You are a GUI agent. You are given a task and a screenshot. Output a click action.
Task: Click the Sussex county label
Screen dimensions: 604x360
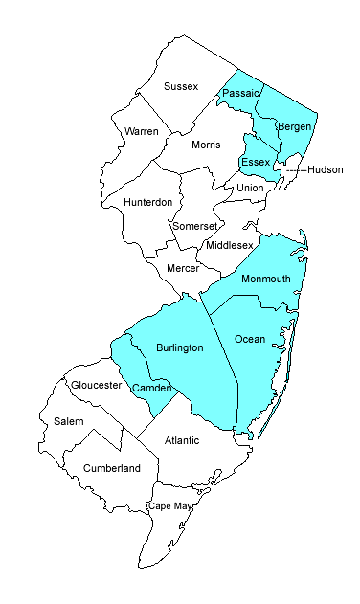click(x=181, y=86)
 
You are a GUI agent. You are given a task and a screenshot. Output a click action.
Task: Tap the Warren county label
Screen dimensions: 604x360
click(x=141, y=129)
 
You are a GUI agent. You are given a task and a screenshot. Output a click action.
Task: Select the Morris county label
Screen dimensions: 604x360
click(x=205, y=145)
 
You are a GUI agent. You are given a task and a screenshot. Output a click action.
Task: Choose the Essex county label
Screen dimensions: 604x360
click(x=256, y=162)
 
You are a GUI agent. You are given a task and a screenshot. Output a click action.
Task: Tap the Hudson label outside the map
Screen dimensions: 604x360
click(x=325, y=169)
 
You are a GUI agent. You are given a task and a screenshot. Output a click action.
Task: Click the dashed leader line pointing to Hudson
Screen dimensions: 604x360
click(x=294, y=169)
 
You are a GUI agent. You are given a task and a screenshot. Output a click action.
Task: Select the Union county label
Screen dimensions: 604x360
click(x=250, y=188)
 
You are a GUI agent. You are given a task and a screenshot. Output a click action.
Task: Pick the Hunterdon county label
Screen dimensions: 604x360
click(x=148, y=202)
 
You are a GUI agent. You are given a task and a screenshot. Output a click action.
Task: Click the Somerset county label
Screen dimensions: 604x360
click(x=195, y=226)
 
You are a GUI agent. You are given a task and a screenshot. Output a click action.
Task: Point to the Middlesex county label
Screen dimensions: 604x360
click(x=230, y=245)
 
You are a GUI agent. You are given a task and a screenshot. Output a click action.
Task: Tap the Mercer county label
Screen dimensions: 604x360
click(x=182, y=268)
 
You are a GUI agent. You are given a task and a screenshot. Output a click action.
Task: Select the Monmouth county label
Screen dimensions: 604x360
click(x=265, y=279)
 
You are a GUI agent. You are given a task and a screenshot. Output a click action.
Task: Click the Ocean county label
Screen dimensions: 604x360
click(x=250, y=339)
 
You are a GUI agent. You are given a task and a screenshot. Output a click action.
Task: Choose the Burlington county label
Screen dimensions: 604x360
click(x=179, y=348)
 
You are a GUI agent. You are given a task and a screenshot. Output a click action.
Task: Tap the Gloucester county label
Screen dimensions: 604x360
click(x=95, y=385)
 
